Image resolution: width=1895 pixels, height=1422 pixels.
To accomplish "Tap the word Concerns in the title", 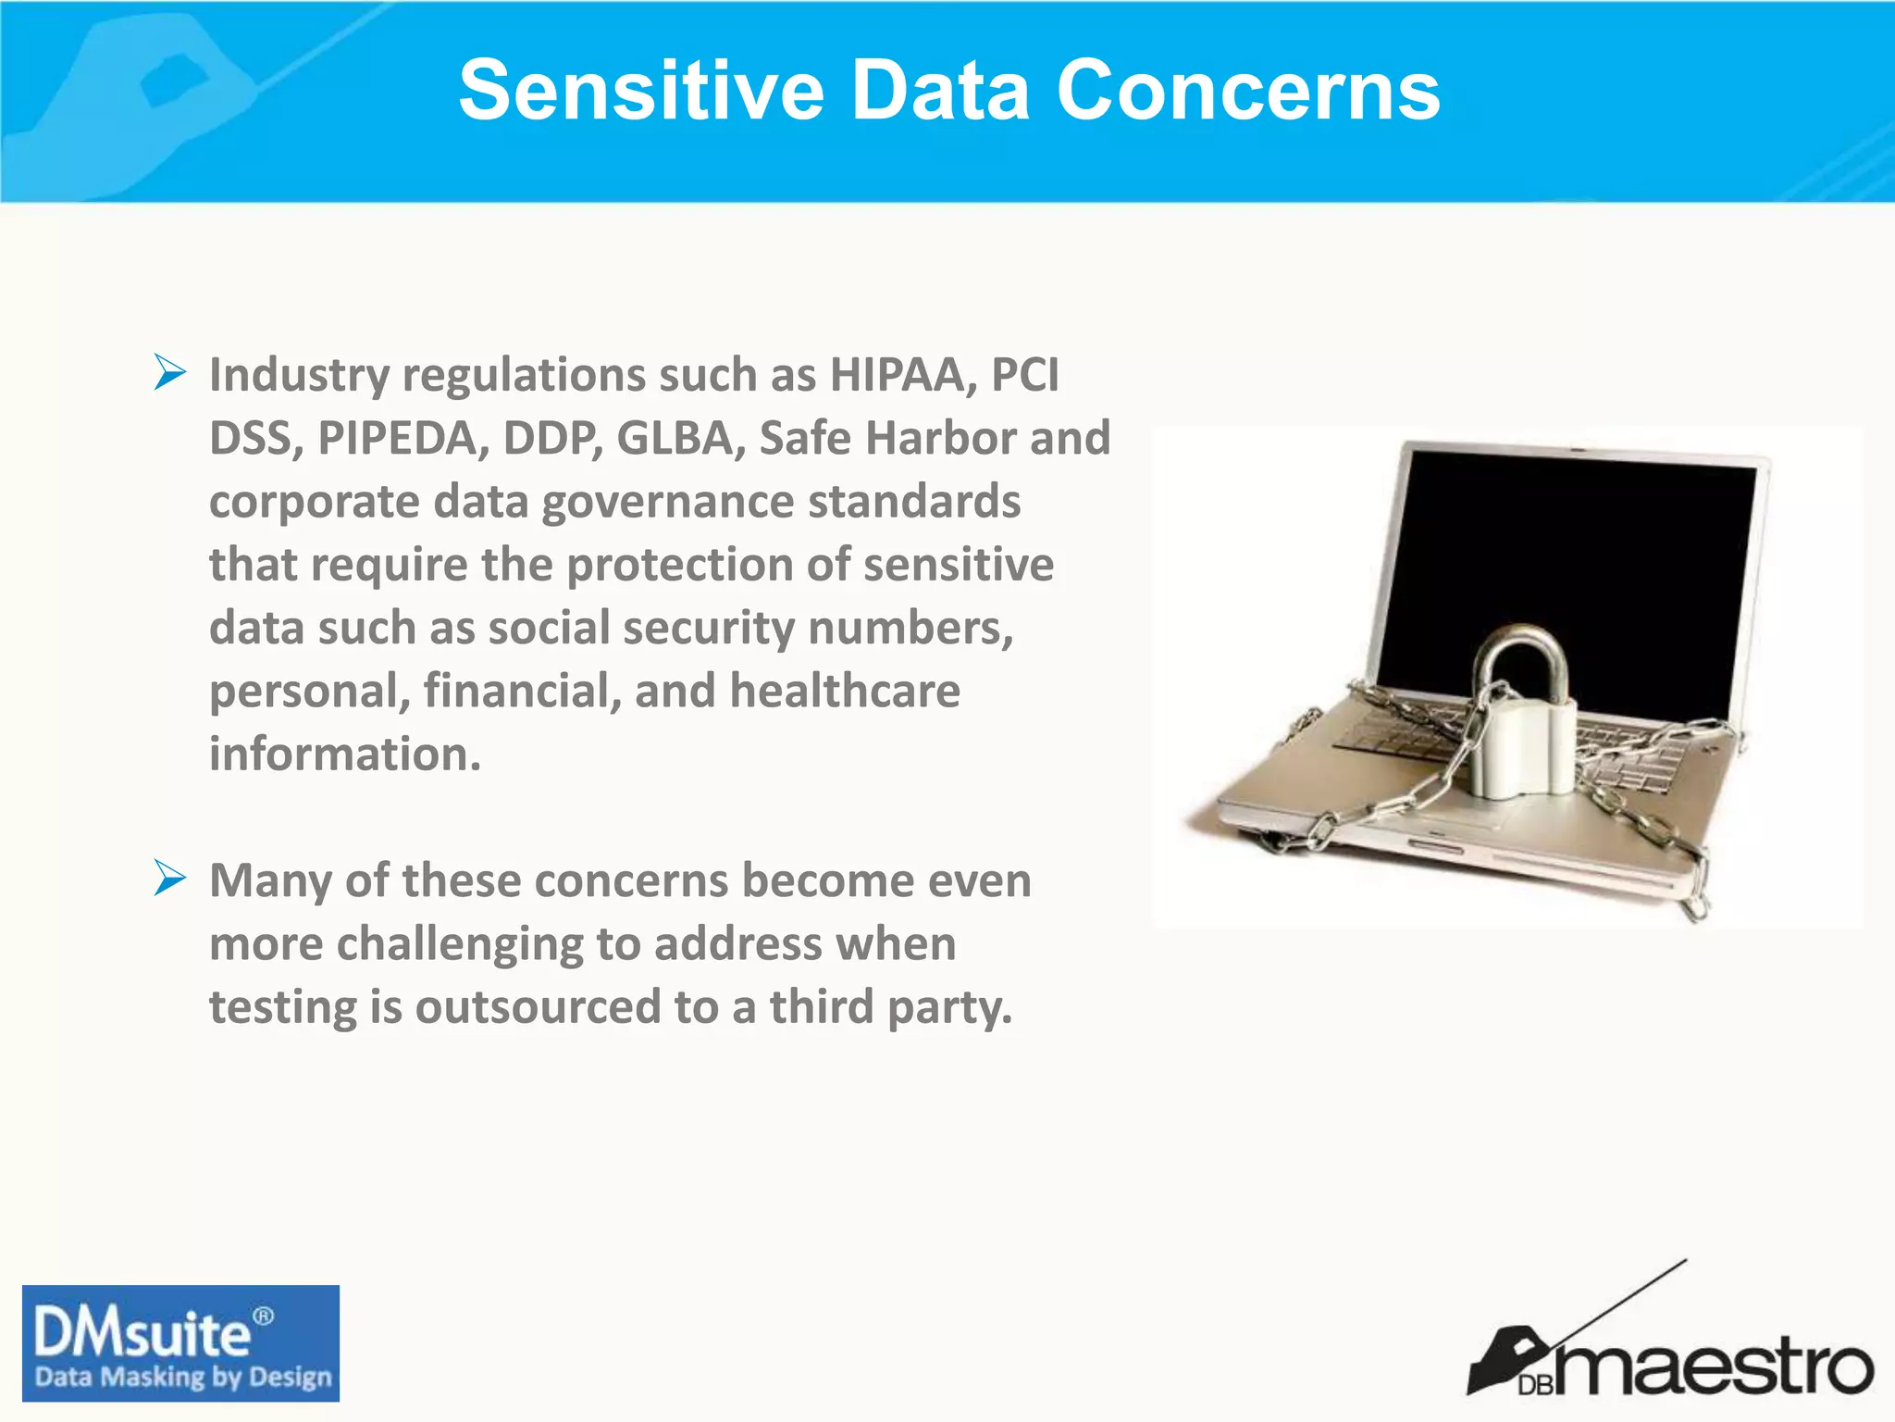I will point(1248,90).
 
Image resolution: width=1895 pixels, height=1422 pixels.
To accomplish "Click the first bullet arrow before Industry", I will point(170,373).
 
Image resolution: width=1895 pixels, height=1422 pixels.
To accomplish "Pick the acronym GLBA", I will point(680,438).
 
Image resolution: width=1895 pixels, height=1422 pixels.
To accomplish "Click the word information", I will point(344,754).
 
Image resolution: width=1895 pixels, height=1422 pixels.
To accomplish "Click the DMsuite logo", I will point(143,1333).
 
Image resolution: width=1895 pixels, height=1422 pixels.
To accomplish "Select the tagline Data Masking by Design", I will point(182,1378).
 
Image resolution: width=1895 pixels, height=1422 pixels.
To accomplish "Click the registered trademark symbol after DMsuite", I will point(264,1316).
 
